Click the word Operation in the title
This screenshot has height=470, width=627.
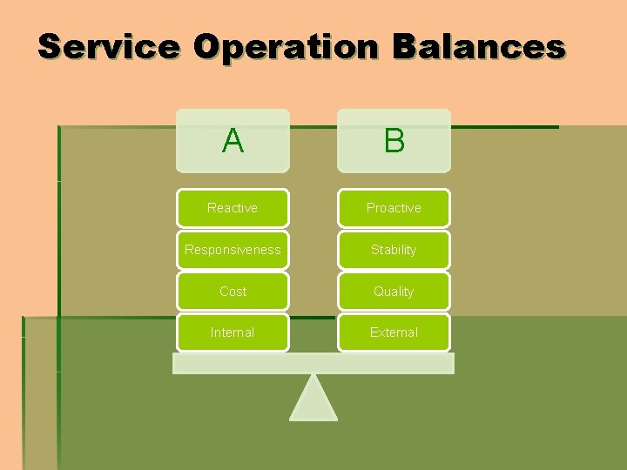(286, 47)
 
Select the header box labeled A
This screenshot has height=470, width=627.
(233, 140)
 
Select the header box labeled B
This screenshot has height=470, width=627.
(394, 140)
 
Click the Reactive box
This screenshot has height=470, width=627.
(233, 208)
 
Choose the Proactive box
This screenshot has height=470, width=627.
(394, 208)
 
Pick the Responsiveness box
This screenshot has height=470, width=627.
(233, 250)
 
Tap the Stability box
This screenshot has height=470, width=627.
(394, 250)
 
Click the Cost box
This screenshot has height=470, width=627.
(233, 292)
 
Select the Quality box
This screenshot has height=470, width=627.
(394, 292)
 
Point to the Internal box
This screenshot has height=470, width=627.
(233, 332)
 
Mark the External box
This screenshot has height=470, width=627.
(394, 332)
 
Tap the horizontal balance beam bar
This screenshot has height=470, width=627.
(313, 363)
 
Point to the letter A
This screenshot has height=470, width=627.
(233, 140)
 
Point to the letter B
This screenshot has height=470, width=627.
(394, 140)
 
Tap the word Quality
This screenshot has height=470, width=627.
(394, 292)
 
